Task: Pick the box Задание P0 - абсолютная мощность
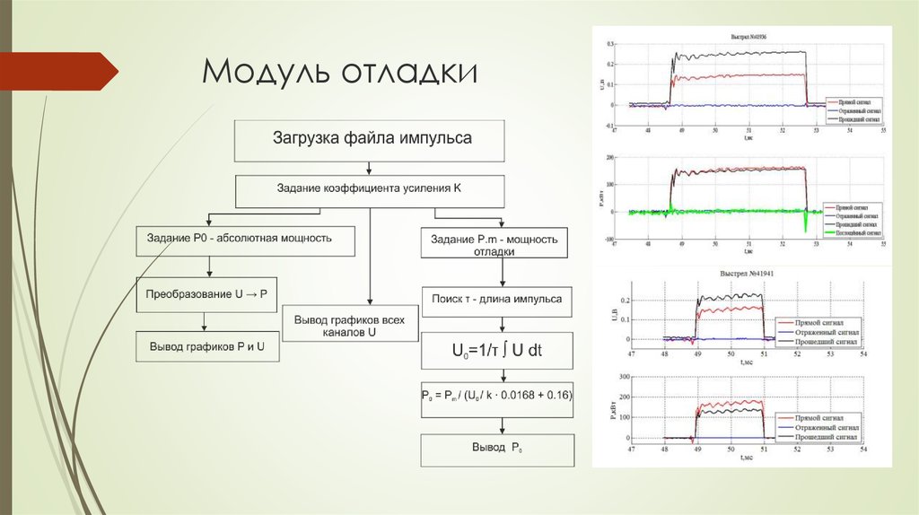(x=245, y=239)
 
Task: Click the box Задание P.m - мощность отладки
(x=495, y=245)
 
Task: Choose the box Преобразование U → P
(x=207, y=294)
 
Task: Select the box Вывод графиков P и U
(x=207, y=346)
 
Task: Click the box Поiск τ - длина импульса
(x=496, y=300)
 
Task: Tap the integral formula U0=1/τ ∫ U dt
(x=496, y=351)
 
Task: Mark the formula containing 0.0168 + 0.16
(x=496, y=395)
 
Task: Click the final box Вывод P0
(x=496, y=448)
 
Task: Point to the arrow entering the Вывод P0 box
(x=496, y=425)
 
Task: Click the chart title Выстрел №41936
(x=748, y=37)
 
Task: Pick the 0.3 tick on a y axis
(x=610, y=44)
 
